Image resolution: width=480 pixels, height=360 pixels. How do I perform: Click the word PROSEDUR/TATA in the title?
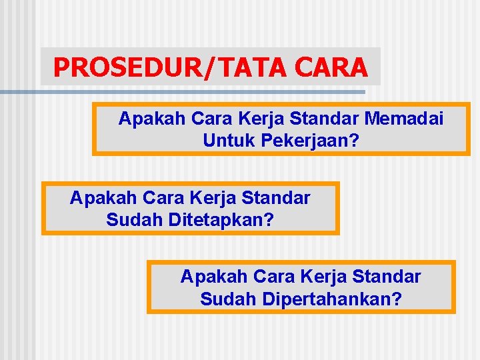164,67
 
